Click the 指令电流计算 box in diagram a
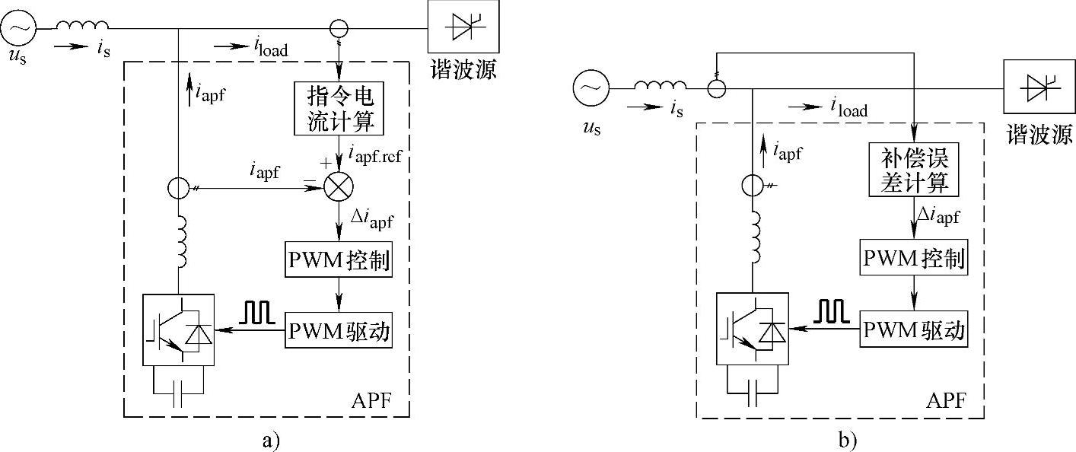(337, 110)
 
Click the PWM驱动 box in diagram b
(913, 329)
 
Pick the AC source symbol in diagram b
(591, 88)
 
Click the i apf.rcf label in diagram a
(376, 155)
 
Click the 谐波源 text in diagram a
(465, 71)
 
